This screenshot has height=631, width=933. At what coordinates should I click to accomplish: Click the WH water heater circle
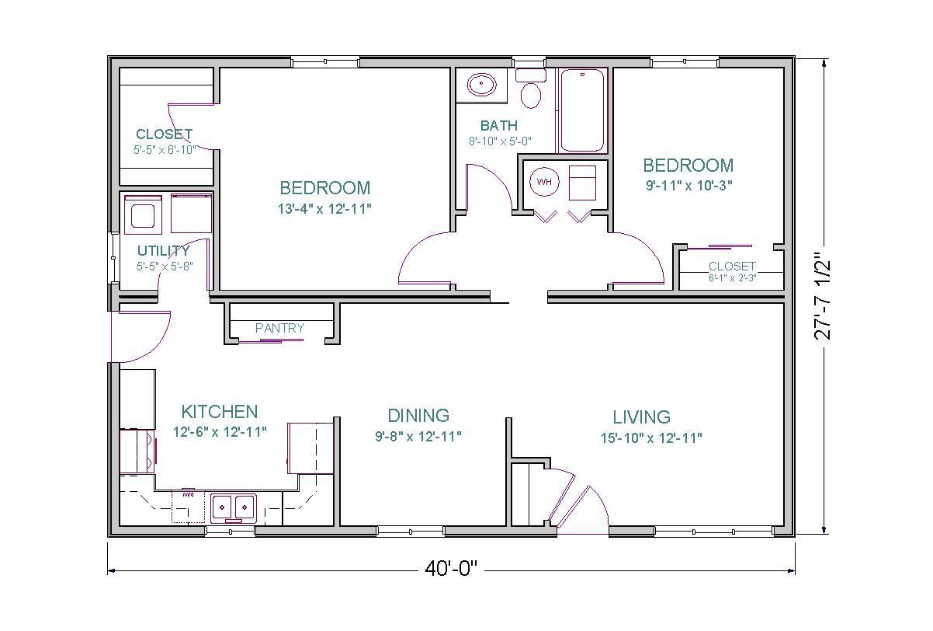(x=544, y=182)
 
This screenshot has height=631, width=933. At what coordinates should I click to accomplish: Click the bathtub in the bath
(x=582, y=110)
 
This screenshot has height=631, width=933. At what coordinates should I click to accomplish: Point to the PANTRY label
(x=279, y=329)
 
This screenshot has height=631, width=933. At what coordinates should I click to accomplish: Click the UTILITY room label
(x=163, y=251)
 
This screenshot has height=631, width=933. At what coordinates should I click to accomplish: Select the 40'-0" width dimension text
(x=450, y=570)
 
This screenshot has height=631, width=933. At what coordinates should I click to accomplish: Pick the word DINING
(x=418, y=416)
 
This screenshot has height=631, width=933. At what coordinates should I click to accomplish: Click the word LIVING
(x=641, y=417)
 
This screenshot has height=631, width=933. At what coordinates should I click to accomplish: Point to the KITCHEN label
(x=219, y=412)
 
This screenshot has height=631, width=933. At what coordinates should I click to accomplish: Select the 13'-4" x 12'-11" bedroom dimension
(x=325, y=208)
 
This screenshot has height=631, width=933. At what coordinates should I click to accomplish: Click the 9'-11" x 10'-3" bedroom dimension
(x=688, y=185)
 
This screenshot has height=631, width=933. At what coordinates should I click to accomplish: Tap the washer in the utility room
(x=144, y=214)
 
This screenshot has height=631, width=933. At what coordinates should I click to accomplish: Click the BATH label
(x=498, y=126)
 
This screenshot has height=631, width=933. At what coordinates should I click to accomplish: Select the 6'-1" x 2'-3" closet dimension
(x=732, y=277)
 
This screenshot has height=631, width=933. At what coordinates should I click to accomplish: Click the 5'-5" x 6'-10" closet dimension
(x=164, y=149)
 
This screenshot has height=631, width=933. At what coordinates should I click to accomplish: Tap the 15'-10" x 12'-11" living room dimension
(x=651, y=438)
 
